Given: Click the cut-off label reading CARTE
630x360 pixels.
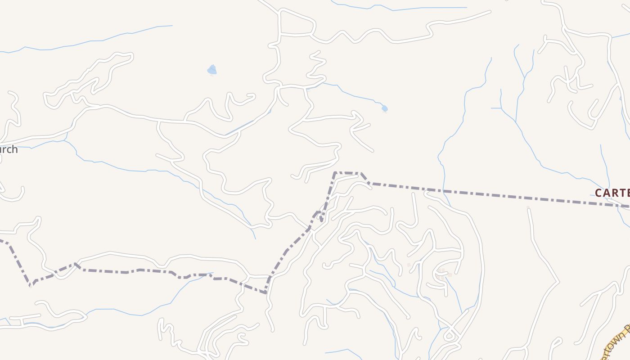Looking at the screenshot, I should tap(612, 193).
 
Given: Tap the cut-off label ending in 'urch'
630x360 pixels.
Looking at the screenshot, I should tap(9, 149).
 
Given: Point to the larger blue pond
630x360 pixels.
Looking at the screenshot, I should tap(212, 70).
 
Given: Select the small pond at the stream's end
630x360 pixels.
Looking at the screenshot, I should tap(384, 108).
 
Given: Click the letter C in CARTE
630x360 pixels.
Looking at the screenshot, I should tap(599, 193).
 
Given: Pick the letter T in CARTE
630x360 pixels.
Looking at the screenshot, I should tap(619, 193).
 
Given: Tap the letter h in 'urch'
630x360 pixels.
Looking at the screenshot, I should tap(14, 149).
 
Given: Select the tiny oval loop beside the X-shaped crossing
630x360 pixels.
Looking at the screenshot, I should tap(449, 335).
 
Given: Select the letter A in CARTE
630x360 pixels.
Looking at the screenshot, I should tap(605, 193).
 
